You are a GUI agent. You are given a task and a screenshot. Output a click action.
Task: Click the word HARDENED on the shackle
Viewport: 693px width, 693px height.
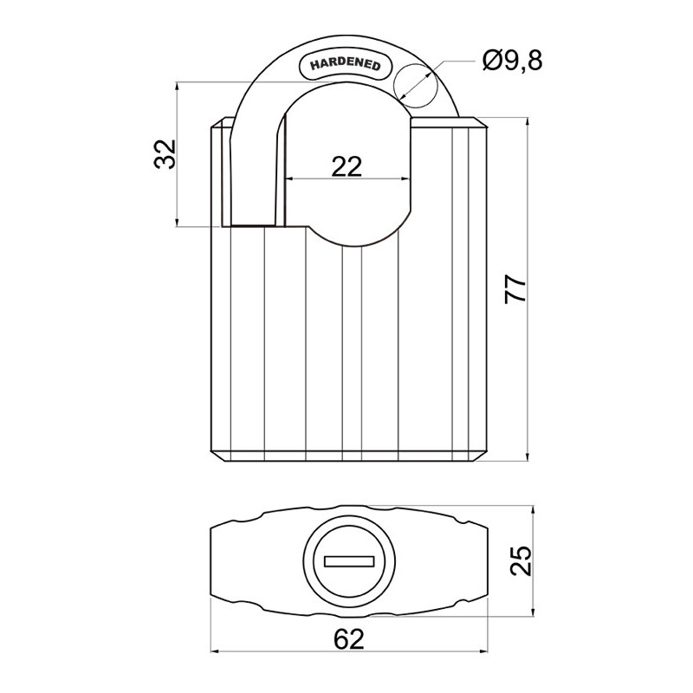pyautogui.click(x=345, y=64)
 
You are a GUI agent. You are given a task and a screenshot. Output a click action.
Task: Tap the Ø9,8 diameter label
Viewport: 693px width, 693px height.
pyautogui.click(x=512, y=61)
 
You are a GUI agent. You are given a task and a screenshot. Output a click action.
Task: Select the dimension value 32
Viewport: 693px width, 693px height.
pyautogui.click(x=165, y=154)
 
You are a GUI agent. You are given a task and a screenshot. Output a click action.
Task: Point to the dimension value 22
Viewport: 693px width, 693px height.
pyautogui.click(x=346, y=166)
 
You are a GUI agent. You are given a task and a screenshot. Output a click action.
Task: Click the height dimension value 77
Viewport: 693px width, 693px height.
pyautogui.click(x=515, y=289)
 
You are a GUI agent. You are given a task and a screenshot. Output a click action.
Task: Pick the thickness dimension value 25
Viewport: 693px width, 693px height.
pyautogui.click(x=521, y=560)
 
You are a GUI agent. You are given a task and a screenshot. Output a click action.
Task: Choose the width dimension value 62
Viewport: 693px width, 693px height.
pyautogui.click(x=349, y=639)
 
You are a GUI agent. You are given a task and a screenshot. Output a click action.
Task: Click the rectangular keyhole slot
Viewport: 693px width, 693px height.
pyautogui.click(x=349, y=561)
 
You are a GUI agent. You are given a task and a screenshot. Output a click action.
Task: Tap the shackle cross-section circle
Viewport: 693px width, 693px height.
pyautogui.click(x=416, y=85)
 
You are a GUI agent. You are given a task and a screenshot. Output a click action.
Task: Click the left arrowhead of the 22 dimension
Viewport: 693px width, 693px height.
pyautogui.click(x=289, y=179)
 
